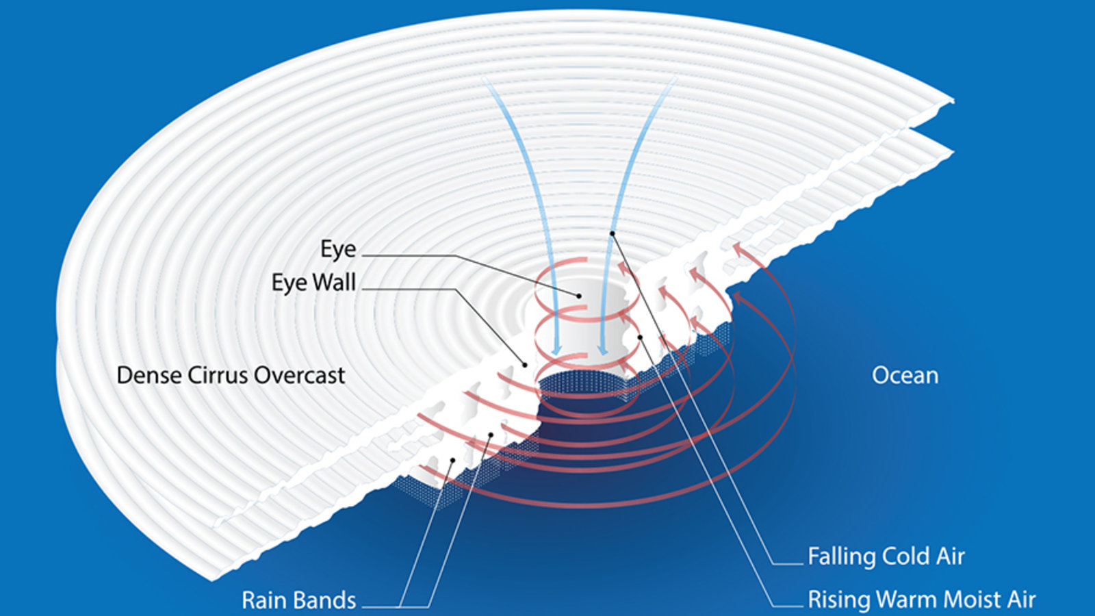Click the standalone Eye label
[x=338, y=249]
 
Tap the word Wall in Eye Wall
[x=334, y=282]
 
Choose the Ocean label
[x=905, y=375]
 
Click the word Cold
[x=909, y=556]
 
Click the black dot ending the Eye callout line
[x=579, y=296]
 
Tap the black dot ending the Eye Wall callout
[x=525, y=365]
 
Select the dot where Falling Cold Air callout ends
[x=613, y=234]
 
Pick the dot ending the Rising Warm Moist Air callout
[x=639, y=337]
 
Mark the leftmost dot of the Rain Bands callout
[x=452, y=460]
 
